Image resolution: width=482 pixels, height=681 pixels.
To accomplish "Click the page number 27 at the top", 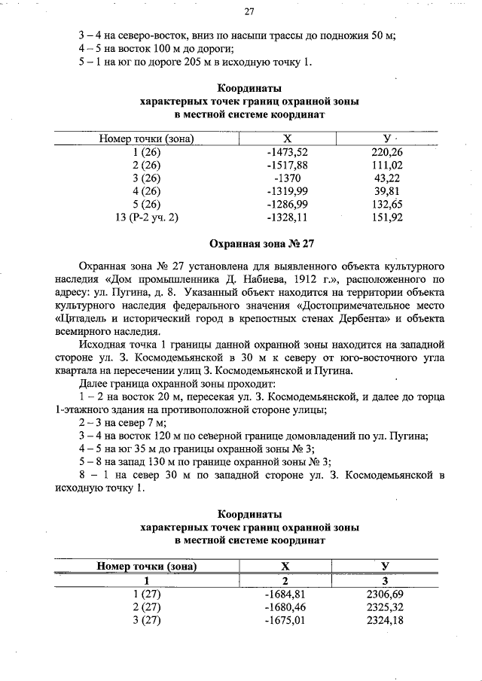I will click(x=249, y=11).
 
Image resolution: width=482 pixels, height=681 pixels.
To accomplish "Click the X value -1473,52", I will click(x=287, y=151).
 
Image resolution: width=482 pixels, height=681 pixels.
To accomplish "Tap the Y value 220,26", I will click(x=388, y=151).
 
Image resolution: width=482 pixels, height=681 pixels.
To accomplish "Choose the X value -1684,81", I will click(x=287, y=594).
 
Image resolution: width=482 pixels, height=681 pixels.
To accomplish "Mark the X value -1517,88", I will click(x=287, y=165).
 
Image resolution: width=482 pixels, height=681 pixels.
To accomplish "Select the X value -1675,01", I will click(x=287, y=620).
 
